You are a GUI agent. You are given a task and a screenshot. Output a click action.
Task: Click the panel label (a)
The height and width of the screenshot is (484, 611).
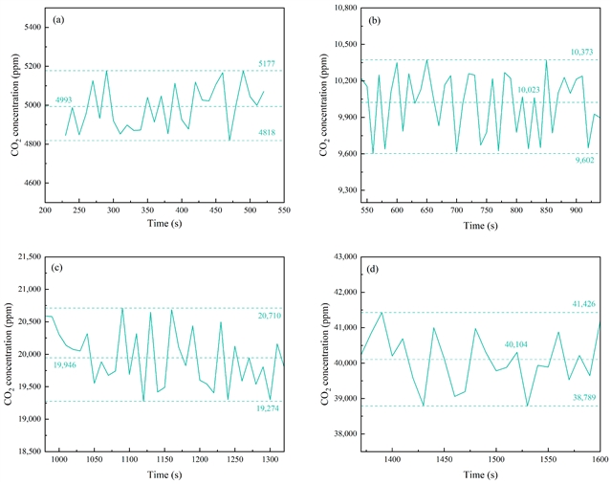(x=56, y=19)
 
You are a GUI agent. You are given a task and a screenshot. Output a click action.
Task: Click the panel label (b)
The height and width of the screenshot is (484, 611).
(x=373, y=19)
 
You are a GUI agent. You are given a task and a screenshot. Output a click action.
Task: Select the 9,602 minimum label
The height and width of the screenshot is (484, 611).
(x=582, y=160)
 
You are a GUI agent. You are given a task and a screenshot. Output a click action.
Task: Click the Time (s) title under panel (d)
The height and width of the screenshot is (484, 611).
(x=479, y=474)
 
